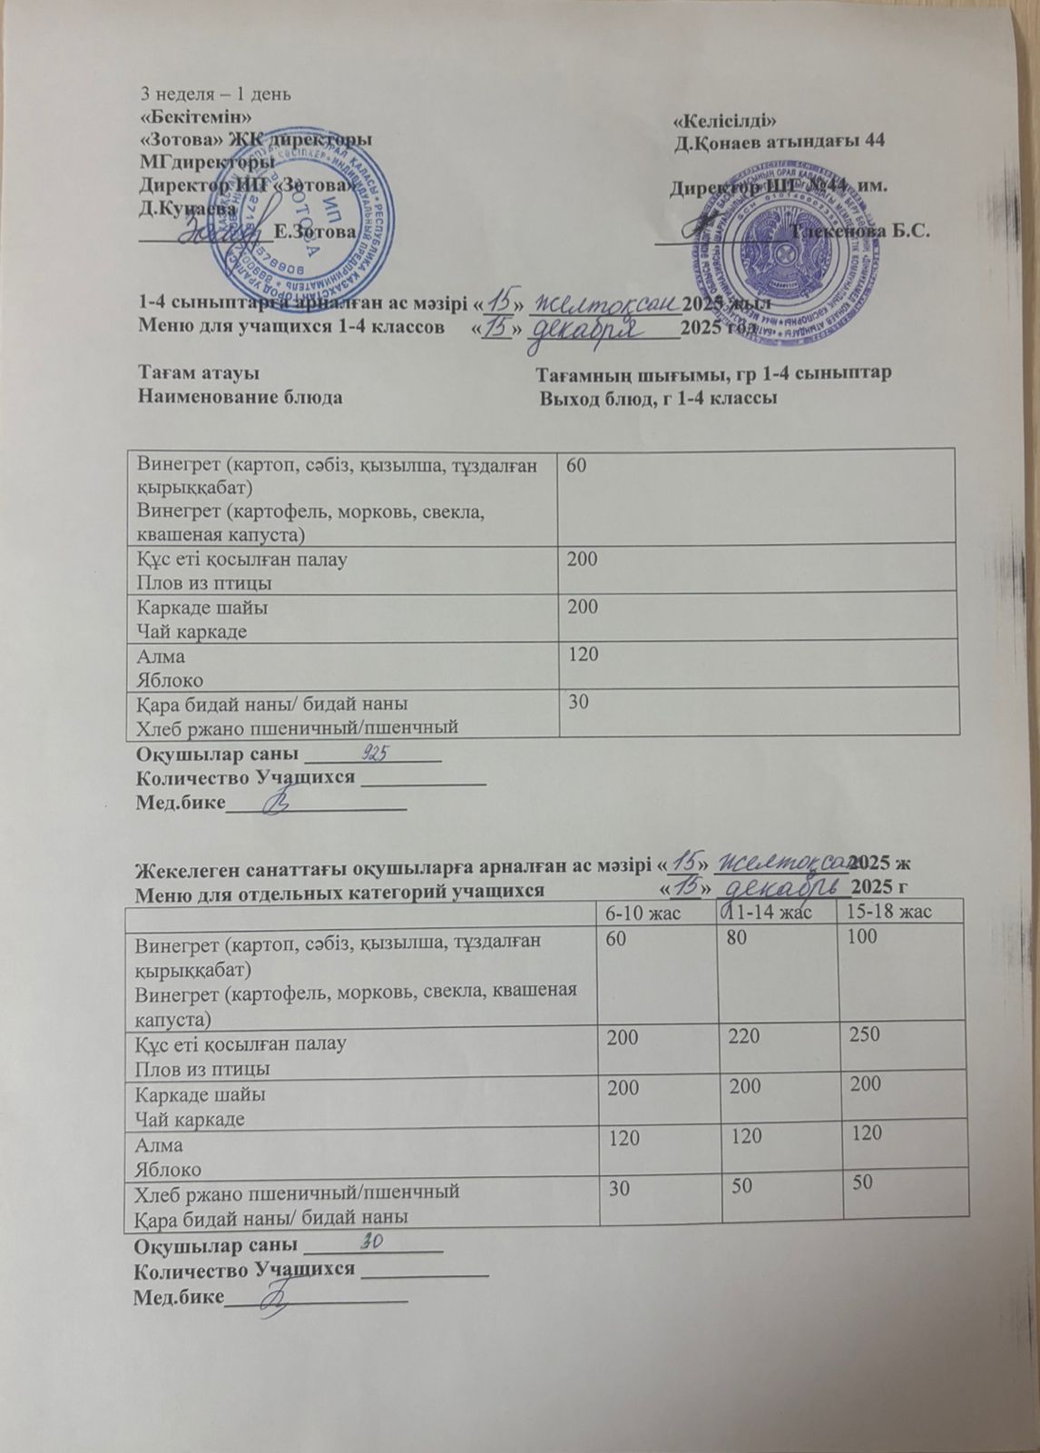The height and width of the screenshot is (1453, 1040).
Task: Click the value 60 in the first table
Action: (x=576, y=465)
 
